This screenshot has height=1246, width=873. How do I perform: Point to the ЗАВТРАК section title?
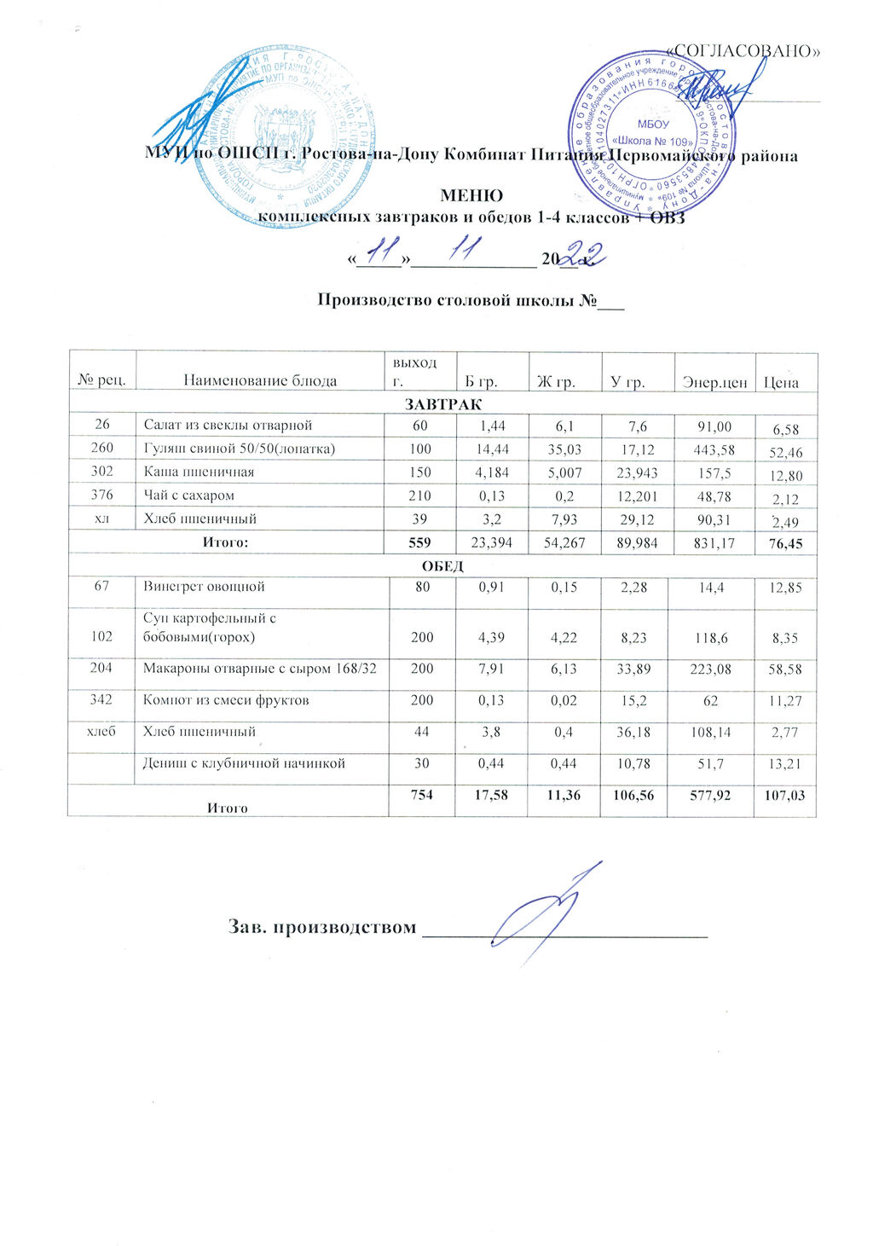pyautogui.click(x=442, y=403)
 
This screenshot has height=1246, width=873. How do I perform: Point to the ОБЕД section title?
pyautogui.click(x=442, y=565)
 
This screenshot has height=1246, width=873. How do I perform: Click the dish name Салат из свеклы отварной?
pyautogui.click(x=228, y=425)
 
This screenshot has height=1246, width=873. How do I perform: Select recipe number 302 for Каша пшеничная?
pyautogui.click(x=101, y=472)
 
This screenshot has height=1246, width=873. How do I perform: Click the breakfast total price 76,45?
pyautogui.click(x=785, y=543)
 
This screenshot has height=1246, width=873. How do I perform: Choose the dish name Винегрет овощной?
pyautogui.click(x=204, y=587)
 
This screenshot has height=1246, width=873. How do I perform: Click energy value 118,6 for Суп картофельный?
pyautogui.click(x=709, y=637)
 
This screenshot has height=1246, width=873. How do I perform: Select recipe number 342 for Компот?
pyautogui.click(x=101, y=700)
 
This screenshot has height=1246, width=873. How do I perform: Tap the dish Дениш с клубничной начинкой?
pyautogui.click(x=244, y=763)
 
